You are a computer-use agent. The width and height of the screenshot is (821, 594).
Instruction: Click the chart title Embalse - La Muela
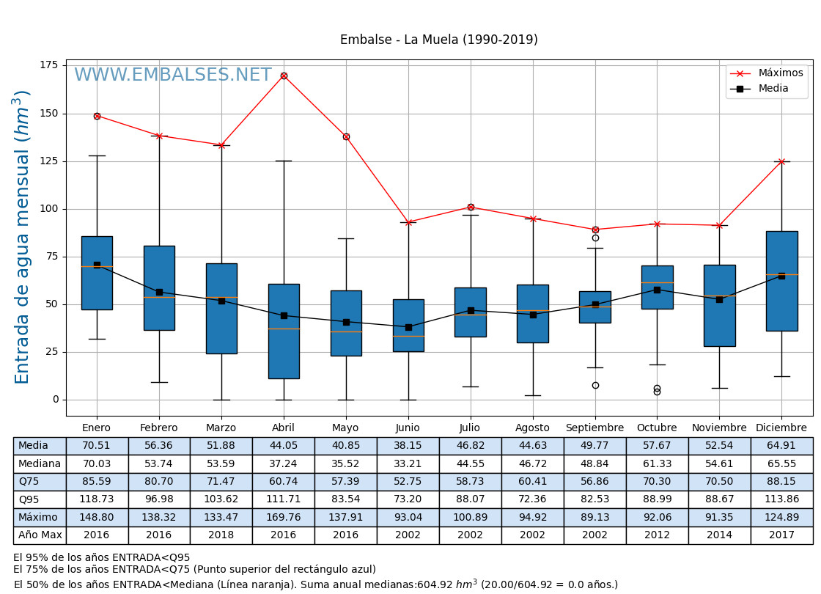[x=438, y=40]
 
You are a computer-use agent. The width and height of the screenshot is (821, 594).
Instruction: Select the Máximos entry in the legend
[x=780, y=73]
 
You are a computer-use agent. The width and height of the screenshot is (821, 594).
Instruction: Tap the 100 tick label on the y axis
[x=48, y=209]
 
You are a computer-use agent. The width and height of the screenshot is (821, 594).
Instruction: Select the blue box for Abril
[x=284, y=331]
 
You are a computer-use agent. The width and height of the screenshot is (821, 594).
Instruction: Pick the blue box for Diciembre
[x=781, y=281]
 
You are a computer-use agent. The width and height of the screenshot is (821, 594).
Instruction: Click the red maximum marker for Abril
[x=284, y=76]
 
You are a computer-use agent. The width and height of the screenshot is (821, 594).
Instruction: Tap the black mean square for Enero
[x=97, y=265]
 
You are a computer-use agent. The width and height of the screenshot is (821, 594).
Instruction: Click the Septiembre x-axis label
[x=594, y=428]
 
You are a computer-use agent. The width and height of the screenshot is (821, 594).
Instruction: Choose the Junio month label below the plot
[x=408, y=428]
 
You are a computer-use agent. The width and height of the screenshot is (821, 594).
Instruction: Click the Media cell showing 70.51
[x=97, y=446]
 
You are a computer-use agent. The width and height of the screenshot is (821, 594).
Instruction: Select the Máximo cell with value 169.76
[x=284, y=517]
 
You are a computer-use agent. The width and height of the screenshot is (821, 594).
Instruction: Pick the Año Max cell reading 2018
[x=221, y=535]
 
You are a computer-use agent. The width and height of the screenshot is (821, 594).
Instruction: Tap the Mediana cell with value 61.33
[x=657, y=463]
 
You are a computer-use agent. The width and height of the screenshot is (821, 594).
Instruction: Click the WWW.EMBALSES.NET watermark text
[x=172, y=76]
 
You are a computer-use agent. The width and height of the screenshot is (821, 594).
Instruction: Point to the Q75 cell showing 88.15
[x=781, y=482]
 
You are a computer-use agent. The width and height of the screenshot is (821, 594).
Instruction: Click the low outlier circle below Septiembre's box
[x=595, y=385]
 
